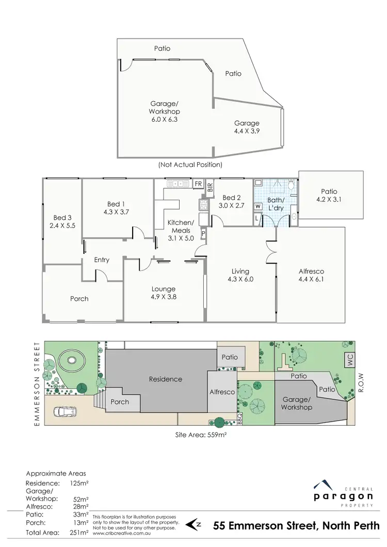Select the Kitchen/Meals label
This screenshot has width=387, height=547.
(x=180, y=227)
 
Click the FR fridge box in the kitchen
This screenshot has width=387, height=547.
(x=198, y=183)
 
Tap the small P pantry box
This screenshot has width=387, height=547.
(x=203, y=234)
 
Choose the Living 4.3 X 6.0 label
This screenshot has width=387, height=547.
(x=240, y=275)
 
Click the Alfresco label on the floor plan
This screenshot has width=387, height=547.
(x=311, y=275)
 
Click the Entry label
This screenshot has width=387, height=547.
(x=102, y=260)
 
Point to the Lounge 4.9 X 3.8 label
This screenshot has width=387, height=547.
(x=163, y=293)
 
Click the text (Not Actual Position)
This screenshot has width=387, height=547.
(x=191, y=165)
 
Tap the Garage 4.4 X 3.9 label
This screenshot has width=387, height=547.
(x=247, y=127)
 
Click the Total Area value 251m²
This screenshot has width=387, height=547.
(x=80, y=532)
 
